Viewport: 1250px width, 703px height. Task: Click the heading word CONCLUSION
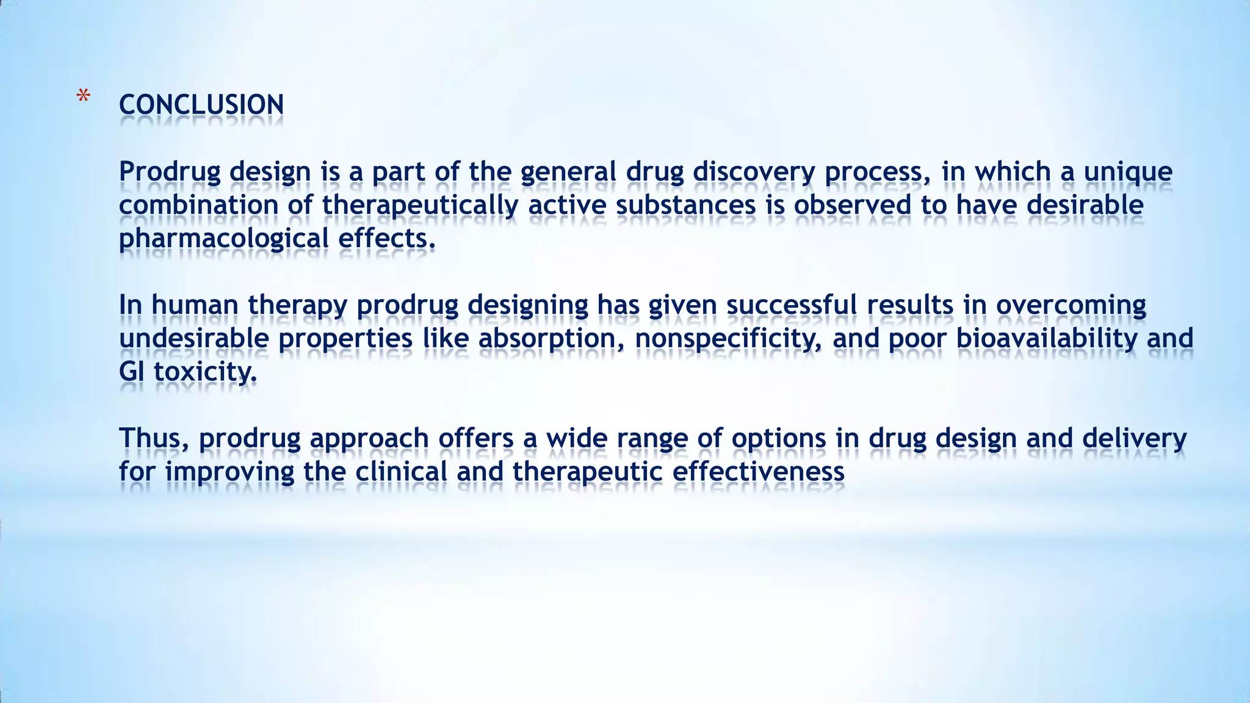coord(201,105)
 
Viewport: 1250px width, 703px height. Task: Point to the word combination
coord(198,205)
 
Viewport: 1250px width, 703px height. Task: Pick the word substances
coord(686,205)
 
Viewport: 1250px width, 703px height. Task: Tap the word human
coord(195,305)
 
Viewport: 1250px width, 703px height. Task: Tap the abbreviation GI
coord(131,372)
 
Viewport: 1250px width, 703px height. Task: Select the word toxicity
coord(205,372)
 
